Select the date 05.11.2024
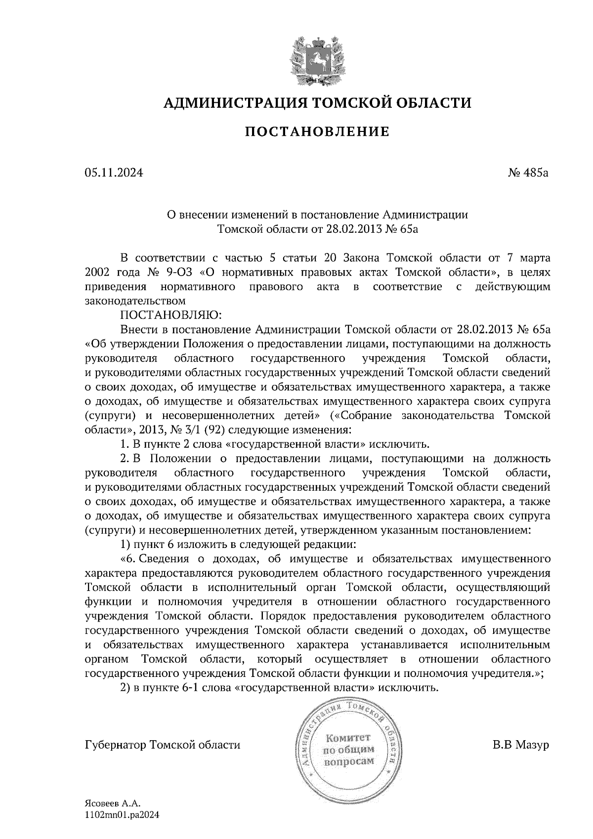(114, 173)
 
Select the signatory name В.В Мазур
(520, 745)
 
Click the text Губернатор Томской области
(163, 745)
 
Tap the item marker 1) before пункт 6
(126, 545)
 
